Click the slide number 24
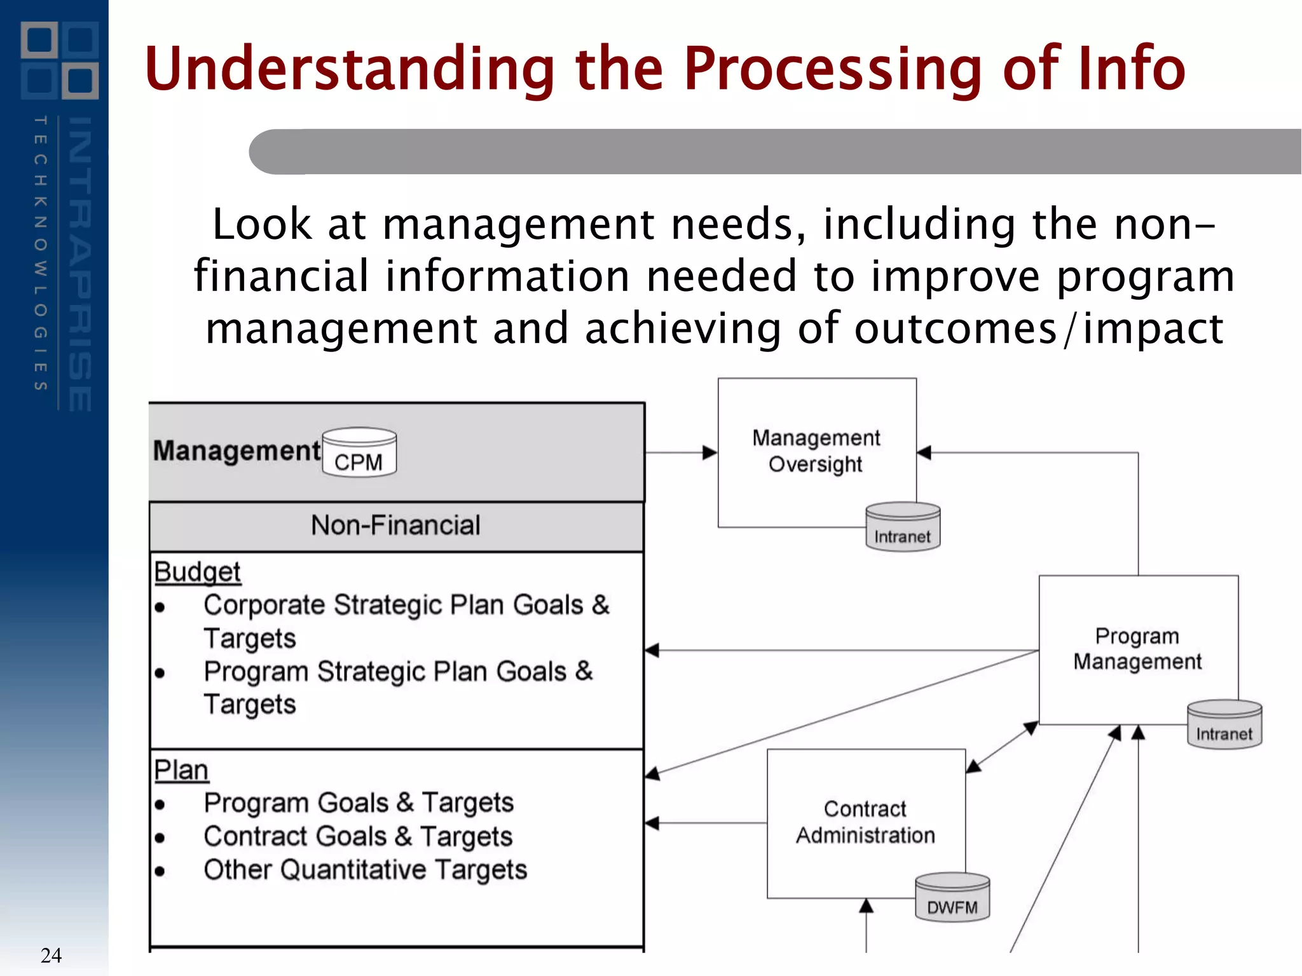51,955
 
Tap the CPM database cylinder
359,452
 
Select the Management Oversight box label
816,451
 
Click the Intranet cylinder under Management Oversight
903,527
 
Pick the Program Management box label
1137,649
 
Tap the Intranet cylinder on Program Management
1224,725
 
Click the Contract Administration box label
865,822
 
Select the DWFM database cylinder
952,898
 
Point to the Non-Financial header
395,525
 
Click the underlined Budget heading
197,572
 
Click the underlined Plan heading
181,770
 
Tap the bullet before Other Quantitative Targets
160,872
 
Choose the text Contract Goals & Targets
358,837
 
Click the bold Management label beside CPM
237,451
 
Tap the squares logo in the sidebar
60,60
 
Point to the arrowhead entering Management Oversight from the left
709,452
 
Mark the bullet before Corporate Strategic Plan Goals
160,607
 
